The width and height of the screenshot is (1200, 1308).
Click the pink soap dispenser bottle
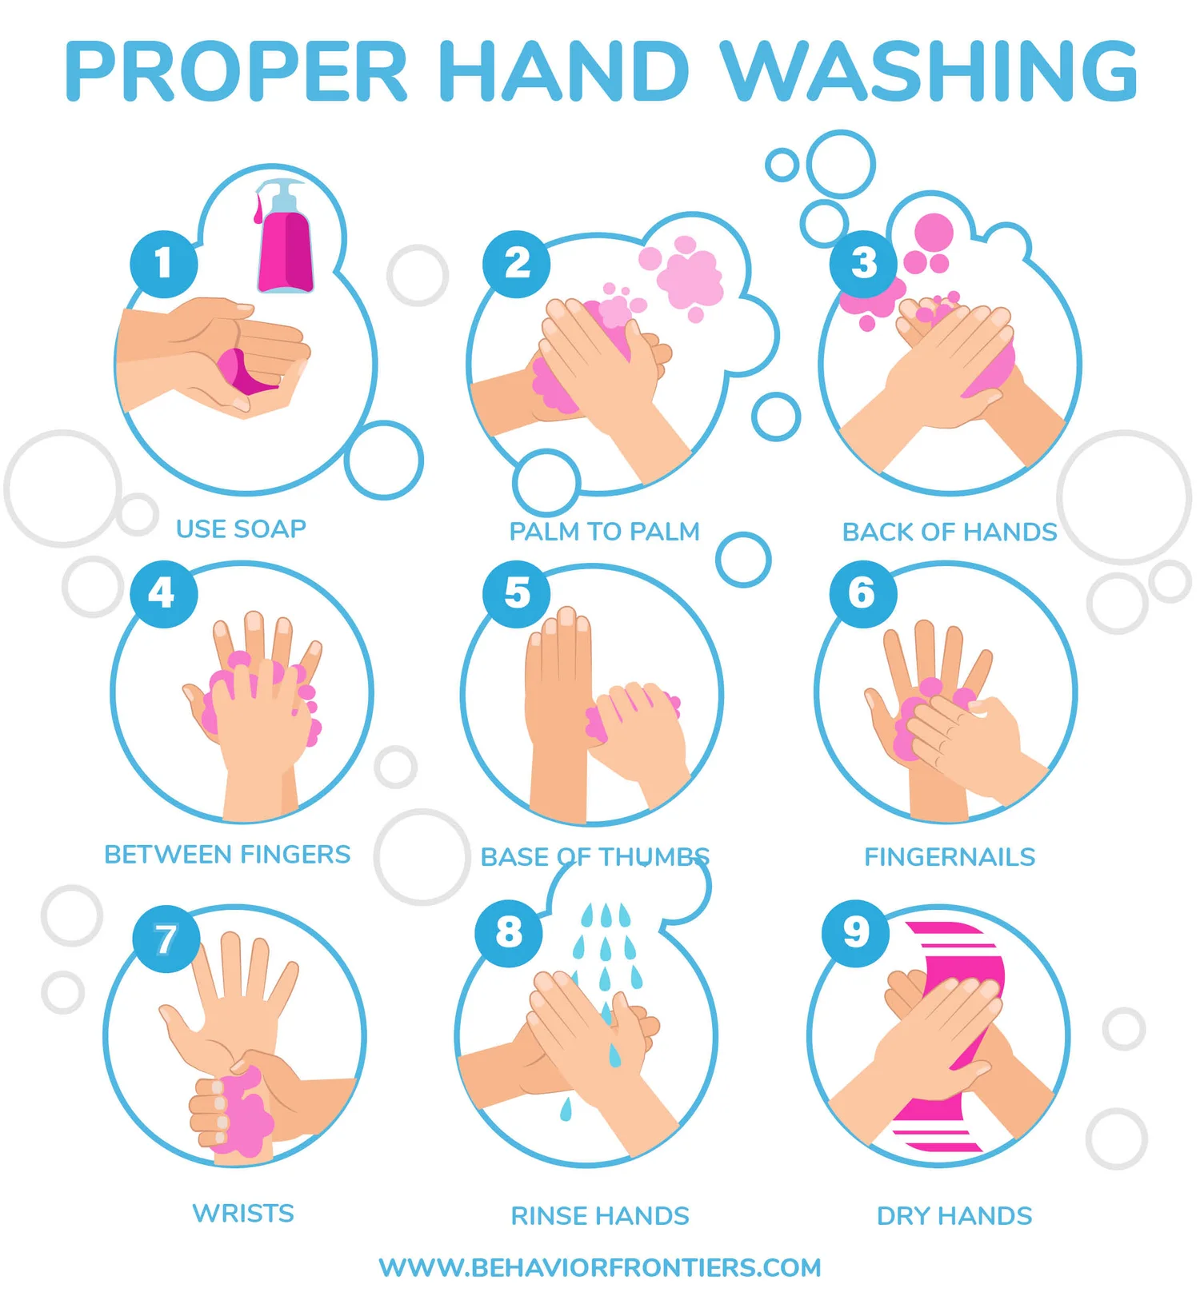[284, 244]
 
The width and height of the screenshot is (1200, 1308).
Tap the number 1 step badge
[164, 263]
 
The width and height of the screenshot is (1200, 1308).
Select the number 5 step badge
[517, 593]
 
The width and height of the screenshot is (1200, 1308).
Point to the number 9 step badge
[856, 932]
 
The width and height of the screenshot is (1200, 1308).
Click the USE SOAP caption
[241, 528]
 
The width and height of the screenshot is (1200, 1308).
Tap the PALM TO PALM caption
[604, 531]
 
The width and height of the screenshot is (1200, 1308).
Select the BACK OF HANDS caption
[950, 532]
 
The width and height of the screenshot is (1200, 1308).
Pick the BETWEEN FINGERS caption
[227, 854]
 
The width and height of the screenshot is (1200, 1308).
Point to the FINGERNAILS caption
[950, 856]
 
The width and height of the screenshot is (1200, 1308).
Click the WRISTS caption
[243, 1213]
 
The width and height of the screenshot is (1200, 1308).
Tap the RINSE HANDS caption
[600, 1215]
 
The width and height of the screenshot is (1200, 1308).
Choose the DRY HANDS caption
[954, 1215]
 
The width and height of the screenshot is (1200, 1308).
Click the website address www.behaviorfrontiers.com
[600, 1267]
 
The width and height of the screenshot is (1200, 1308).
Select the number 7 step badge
[166, 939]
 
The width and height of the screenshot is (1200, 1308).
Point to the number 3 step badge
[863, 263]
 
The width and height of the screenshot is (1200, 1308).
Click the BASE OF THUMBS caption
[594, 856]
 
